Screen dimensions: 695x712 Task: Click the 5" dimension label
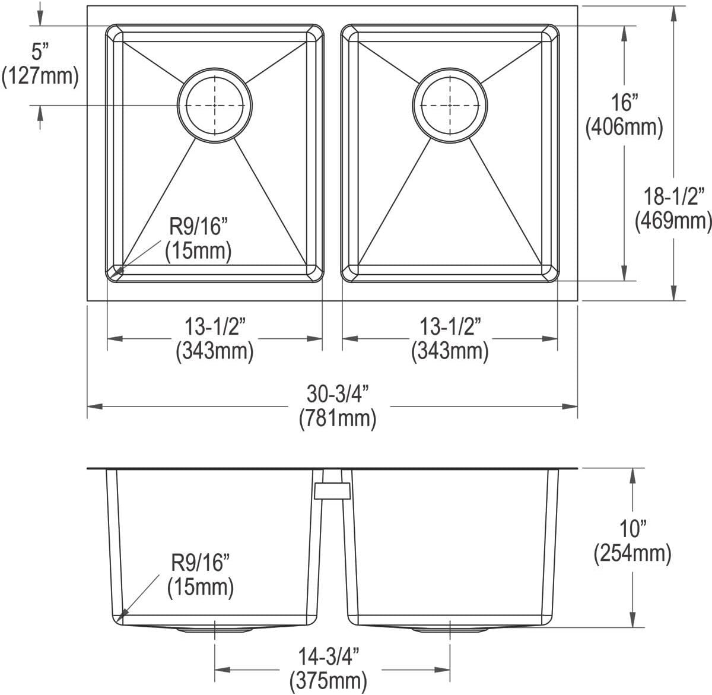pyautogui.click(x=39, y=53)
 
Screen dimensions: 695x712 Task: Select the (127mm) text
pyautogui.click(x=40, y=76)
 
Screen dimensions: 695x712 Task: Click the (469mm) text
pyautogui.click(x=673, y=220)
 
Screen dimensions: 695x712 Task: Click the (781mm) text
pyautogui.click(x=337, y=419)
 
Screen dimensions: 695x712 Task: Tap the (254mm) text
pyautogui.click(x=632, y=553)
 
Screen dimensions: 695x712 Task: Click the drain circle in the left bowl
pyautogui.click(x=215, y=106)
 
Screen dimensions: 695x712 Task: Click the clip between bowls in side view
pyautogui.click(x=333, y=490)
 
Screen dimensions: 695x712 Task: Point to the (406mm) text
pyautogui.click(x=624, y=126)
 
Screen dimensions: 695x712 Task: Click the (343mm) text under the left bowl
pyautogui.click(x=215, y=351)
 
